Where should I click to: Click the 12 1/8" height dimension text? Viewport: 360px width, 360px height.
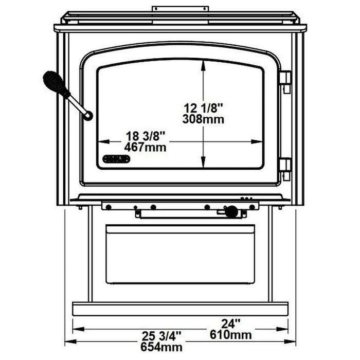206,109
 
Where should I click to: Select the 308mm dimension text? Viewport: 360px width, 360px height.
206,119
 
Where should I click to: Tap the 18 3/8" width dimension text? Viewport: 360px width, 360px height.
146,137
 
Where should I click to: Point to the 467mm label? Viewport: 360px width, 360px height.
146,148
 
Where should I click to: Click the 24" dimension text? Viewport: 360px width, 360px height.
231,324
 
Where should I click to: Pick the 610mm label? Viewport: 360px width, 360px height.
231,335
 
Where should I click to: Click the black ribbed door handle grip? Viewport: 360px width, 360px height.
56,84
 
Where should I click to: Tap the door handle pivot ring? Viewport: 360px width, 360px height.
88,116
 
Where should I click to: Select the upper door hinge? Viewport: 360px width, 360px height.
284,82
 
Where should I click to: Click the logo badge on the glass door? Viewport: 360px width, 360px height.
117,159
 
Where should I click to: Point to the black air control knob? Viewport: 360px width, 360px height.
232,211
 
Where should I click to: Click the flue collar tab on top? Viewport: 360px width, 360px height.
180,9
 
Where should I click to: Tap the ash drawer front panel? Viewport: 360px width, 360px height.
180,255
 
